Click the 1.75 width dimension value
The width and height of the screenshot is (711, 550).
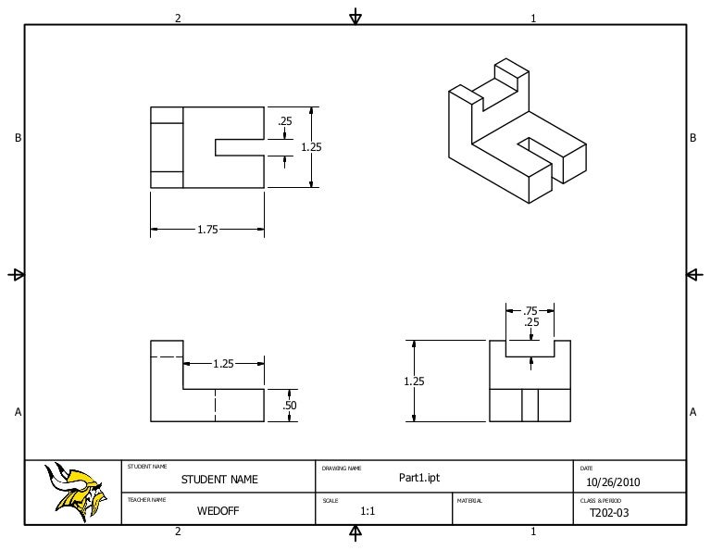click(x=207, y=230)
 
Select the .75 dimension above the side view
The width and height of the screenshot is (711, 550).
click(x=530, y=311)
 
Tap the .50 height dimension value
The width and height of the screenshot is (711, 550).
click(x=289, y=405)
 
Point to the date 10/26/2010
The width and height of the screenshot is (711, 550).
click(x=613, y=482)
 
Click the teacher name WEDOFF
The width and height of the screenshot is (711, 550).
click(x=218, y=510)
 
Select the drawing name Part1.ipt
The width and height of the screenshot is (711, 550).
click(x=419, y=478)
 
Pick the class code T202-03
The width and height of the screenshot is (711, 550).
click(x=609, y=513)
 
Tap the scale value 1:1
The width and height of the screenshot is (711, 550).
click(x=368, y=511)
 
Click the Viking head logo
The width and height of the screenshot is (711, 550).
click(x=76, y=491)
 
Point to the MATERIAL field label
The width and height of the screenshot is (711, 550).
click(x=469, y=501)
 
